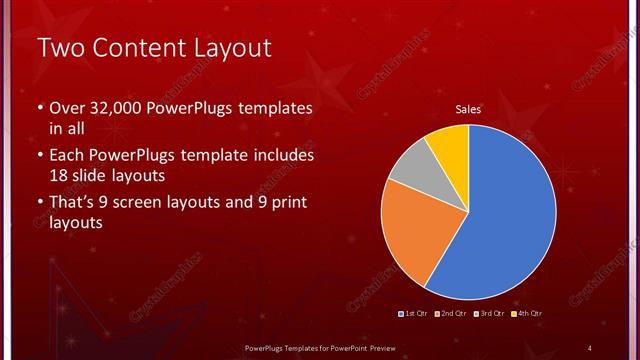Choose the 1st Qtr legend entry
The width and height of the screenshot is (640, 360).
click(414, 314)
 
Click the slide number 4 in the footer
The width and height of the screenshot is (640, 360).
click(589, 347)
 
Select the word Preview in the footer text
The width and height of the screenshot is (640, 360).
click(375, 347)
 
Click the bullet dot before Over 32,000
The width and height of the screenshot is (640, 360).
click(39, 108)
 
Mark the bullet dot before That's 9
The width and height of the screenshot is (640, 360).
click(39, 202)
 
